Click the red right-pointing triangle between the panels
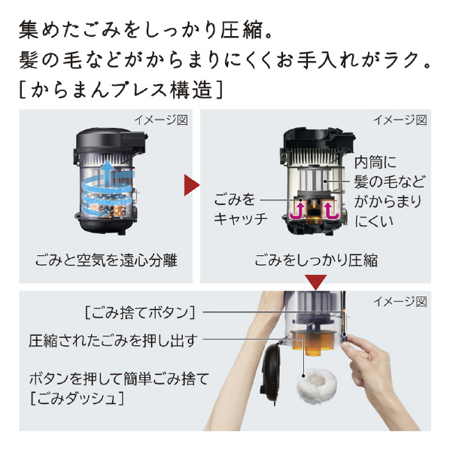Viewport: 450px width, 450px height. point(190,185)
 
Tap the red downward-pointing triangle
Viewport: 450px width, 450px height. point(316,282)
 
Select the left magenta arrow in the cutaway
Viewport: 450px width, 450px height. point(297,211)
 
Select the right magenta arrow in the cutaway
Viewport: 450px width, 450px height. point(331,211)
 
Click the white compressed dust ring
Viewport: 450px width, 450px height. point(317,386)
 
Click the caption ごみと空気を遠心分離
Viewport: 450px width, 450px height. point(106,260)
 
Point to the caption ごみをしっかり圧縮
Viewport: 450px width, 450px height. point(316,260)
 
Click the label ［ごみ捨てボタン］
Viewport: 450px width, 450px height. point(140,312)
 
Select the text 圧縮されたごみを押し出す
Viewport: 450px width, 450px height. point(113,341)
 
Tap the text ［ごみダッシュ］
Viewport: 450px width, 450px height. point(78,398)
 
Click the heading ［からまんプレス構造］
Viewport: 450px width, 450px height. point(120,90)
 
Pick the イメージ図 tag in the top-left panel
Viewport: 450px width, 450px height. point(161,120)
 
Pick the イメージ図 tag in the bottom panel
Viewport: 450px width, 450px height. point(400,301)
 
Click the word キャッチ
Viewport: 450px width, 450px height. point(241,219)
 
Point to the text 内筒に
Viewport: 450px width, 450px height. point(375,162)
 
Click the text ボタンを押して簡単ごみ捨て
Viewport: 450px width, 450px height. point(119,379)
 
